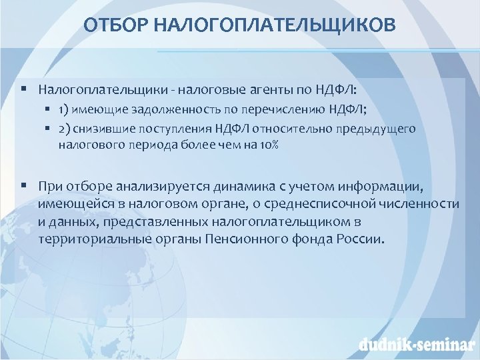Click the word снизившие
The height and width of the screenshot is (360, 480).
103,128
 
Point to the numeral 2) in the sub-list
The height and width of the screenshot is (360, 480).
64,128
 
